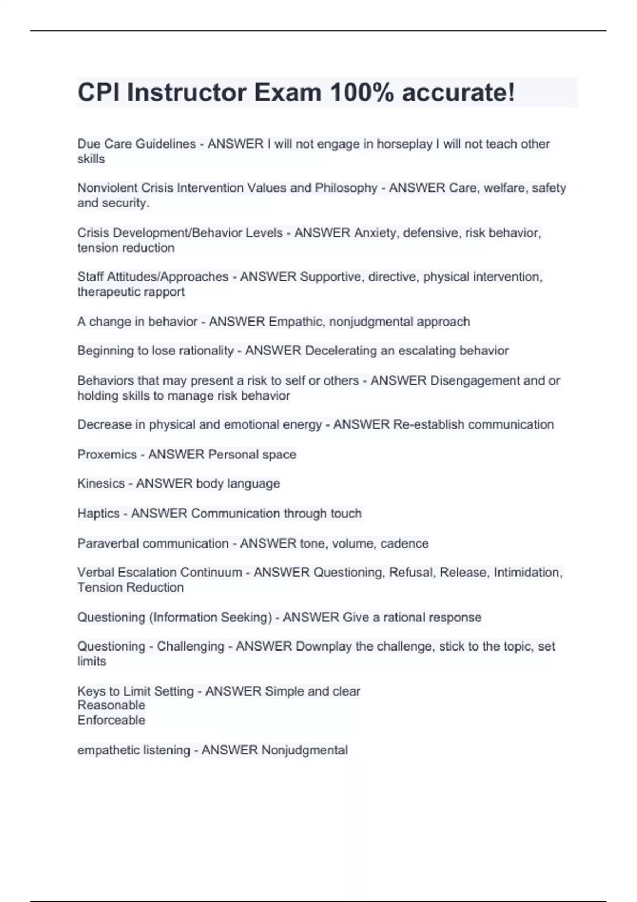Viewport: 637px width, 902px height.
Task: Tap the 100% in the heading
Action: click(x=361, y=93)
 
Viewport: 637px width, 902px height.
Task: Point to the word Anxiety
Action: click(x=375, y=233)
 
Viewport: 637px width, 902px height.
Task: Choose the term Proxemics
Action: click(x=107, y=455)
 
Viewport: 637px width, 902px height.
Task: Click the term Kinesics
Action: click(x=101, y=483)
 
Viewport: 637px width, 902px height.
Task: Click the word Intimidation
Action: click(x=527, y=573)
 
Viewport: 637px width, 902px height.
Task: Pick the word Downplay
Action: click(x=323, y=646)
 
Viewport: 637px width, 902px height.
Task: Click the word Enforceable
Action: click(x=111, y=720)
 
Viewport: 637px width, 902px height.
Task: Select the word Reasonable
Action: click(x=111, y=705)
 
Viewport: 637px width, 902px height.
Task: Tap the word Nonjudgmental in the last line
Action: click(x=305, y=750)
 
